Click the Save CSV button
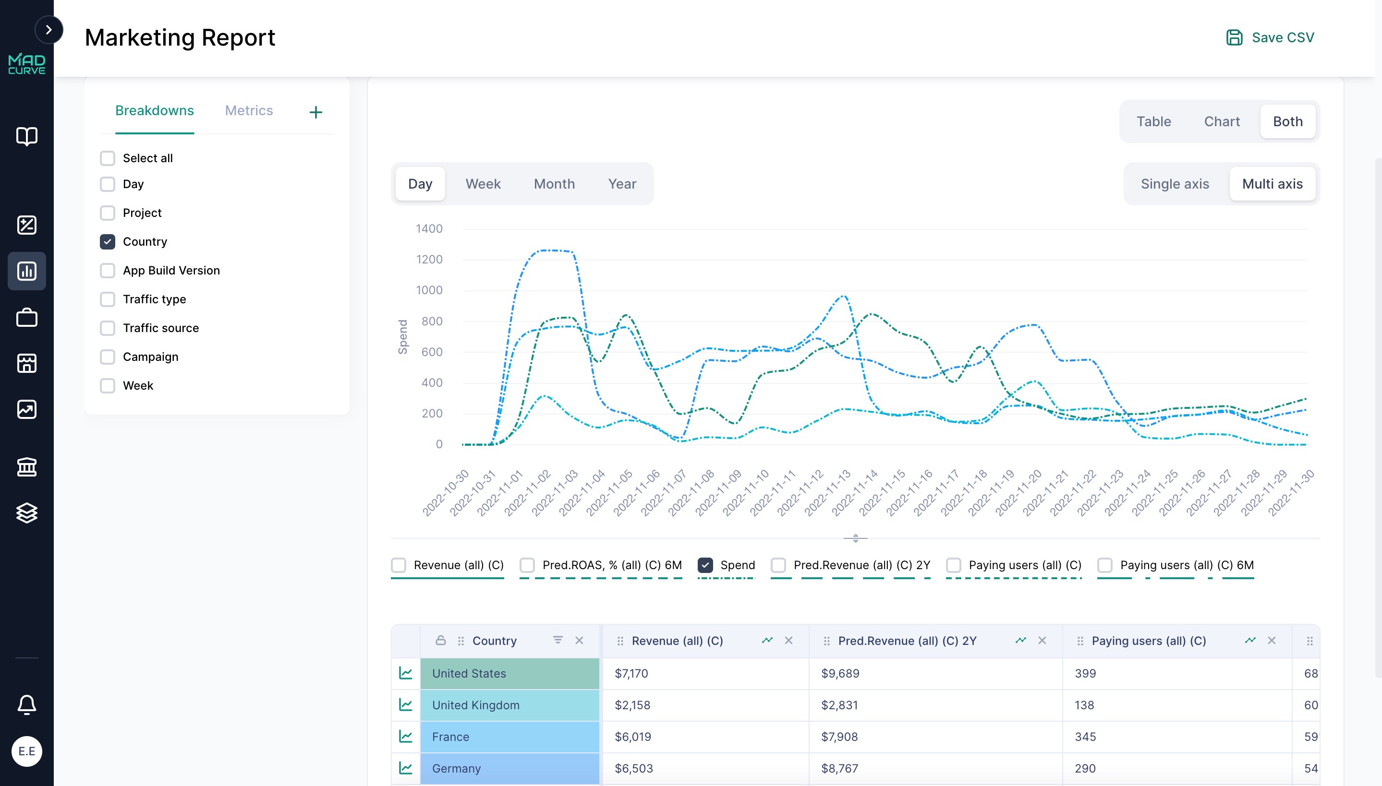coord(1270,37)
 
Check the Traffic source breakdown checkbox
coord(108,328)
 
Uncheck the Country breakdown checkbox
coord(108,242)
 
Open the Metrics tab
coord(248,111)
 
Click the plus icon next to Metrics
coord(315,112)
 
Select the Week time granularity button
coord(483,184)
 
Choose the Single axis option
coord(1174,184)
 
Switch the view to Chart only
coord(1221,121)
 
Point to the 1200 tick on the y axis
coord(429,260)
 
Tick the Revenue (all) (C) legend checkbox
coord(399,565)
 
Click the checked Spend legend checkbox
coord(705,565)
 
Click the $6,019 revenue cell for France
coord(632,737)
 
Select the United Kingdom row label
coord(475,705)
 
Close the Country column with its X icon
coord(579,641)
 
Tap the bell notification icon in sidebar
coord(26,704)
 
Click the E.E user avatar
coord(26,751)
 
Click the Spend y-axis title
coord(402,337)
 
